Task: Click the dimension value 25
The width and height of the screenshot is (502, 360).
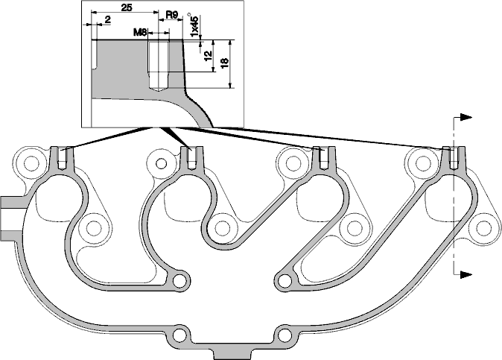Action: click(127, 7)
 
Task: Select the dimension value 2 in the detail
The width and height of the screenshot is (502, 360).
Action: click(107, 19)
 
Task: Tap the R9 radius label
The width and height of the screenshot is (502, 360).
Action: click(171, 14)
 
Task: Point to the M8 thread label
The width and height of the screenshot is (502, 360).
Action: click(140, 32)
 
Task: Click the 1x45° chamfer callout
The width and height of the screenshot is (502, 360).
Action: click(194, 25)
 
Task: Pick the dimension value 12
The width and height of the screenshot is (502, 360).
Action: click(208, 56)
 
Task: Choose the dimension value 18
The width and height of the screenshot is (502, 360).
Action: click(224, 63)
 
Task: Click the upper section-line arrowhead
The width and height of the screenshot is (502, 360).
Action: click(466, 117)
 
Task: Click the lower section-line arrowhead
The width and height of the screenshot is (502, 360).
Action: click(466, 274)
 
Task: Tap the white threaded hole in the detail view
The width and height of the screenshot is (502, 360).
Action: click(158, 66)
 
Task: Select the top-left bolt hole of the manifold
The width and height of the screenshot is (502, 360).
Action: click(31, 163)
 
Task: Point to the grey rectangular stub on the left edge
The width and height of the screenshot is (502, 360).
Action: click(13, 218)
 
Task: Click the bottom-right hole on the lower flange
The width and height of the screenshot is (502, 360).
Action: click(283, 335)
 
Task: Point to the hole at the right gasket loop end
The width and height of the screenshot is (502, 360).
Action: click(283, 281)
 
